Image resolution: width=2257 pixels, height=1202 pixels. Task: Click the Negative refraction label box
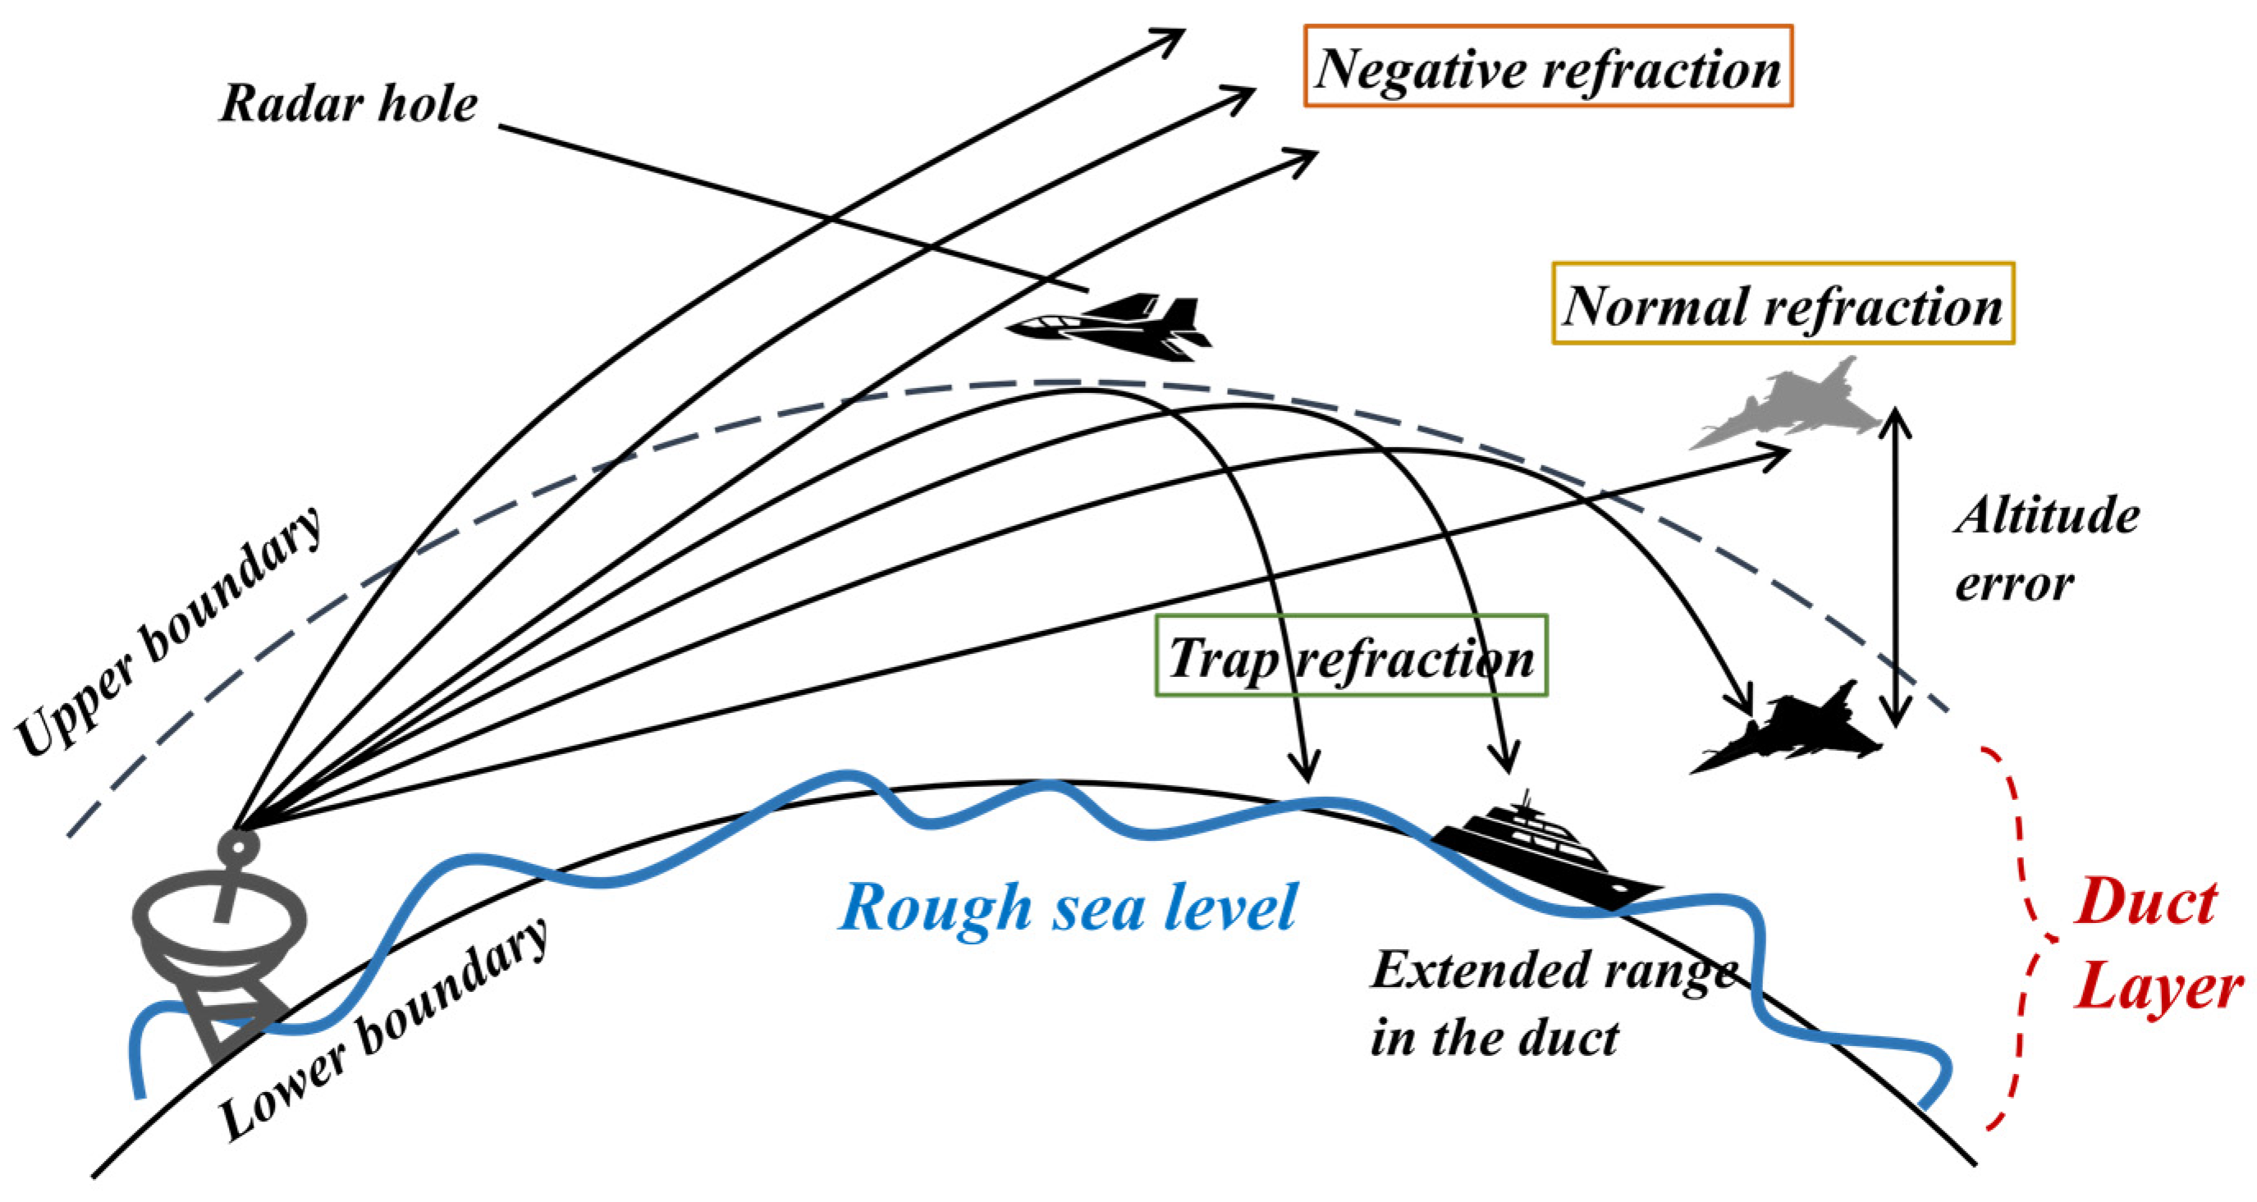tap(1548, 66)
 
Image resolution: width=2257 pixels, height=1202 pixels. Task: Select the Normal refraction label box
tap(1783, 303)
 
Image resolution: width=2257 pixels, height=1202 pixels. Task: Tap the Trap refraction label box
tap(1351, 656)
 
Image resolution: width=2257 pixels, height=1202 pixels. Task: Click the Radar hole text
tap(348, 103)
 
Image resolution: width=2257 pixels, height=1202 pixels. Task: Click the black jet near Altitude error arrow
tap(1792, 733)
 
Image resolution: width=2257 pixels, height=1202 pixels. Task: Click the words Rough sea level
tap(1067, 907)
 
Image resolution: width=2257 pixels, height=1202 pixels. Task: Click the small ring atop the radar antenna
tap(237, 846)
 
